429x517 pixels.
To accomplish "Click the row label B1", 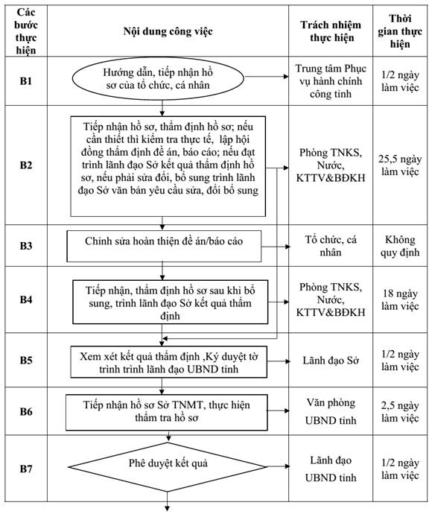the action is tap(26, 80).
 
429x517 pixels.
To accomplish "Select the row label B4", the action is tap(26, 299).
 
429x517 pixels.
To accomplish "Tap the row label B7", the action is tap(26, 469).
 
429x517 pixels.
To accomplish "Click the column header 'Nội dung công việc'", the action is tap(168, 31).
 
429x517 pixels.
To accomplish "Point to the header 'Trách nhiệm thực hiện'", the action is tap(331, 31).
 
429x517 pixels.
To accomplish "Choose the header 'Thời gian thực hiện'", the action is tap(400, 31).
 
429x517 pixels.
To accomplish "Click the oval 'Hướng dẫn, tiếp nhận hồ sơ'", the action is tap(158, 78).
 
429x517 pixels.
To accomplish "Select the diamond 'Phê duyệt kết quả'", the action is tap(167, 466).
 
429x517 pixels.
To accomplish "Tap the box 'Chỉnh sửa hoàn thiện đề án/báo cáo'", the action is tap(164, 247).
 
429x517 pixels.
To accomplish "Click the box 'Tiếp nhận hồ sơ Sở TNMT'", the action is tap(167, 413).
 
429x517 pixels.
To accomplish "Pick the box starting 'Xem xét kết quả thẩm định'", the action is tap(168, 362).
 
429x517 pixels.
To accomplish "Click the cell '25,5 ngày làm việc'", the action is tap(400, 165).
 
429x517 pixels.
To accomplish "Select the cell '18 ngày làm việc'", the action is tap(400, 299).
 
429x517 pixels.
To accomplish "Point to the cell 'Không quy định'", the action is tap(400, 246).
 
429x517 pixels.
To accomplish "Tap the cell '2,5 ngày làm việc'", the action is tap(400, 412).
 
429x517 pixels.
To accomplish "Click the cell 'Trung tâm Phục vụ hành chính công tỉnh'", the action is tap(331, 81).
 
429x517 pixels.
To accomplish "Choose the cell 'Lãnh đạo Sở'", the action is tap(331, 361).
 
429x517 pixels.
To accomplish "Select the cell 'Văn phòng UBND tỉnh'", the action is tap(331, 411).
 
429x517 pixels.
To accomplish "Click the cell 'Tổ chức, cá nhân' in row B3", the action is tap(331, 246).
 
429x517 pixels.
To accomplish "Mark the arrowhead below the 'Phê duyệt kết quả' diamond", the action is tap(167, 509).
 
